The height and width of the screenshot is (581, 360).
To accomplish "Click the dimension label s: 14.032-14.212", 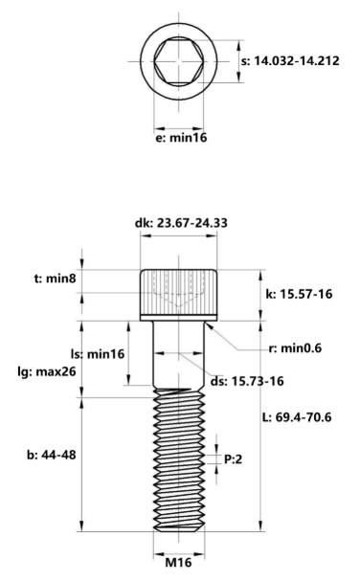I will tap(297, 59).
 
